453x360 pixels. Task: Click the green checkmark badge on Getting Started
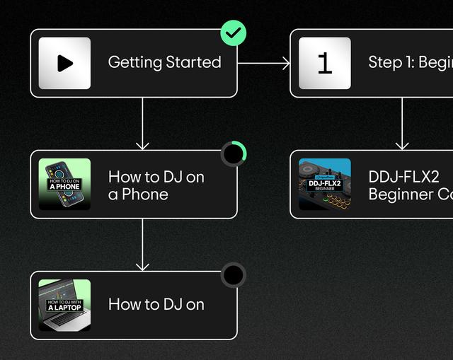tap(234, 33)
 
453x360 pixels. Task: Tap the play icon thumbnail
tap(64, 63)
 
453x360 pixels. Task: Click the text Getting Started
tap(164, 62)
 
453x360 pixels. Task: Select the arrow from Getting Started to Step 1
tap(263, 63)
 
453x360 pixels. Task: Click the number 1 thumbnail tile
tap(325, 63)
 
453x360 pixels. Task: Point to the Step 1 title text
tap(410, 62)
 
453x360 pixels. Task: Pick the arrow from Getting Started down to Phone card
tap(142, 123)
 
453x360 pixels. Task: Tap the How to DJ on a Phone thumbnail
tap(64, 184)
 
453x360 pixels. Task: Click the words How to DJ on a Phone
tap(156, 185)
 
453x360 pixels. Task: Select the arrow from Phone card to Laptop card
tap(142, 244)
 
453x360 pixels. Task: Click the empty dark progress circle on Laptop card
tap(234, 275)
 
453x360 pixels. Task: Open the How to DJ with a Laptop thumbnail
tap(64, 306)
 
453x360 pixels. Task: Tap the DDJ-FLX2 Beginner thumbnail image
tap(325, 184)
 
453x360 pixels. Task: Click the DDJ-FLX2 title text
tap(403, 177)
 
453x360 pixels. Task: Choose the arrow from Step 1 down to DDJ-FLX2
tap(402, 123)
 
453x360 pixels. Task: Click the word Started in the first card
tap(194, 62)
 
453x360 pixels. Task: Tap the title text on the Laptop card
tap(156, 305)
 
